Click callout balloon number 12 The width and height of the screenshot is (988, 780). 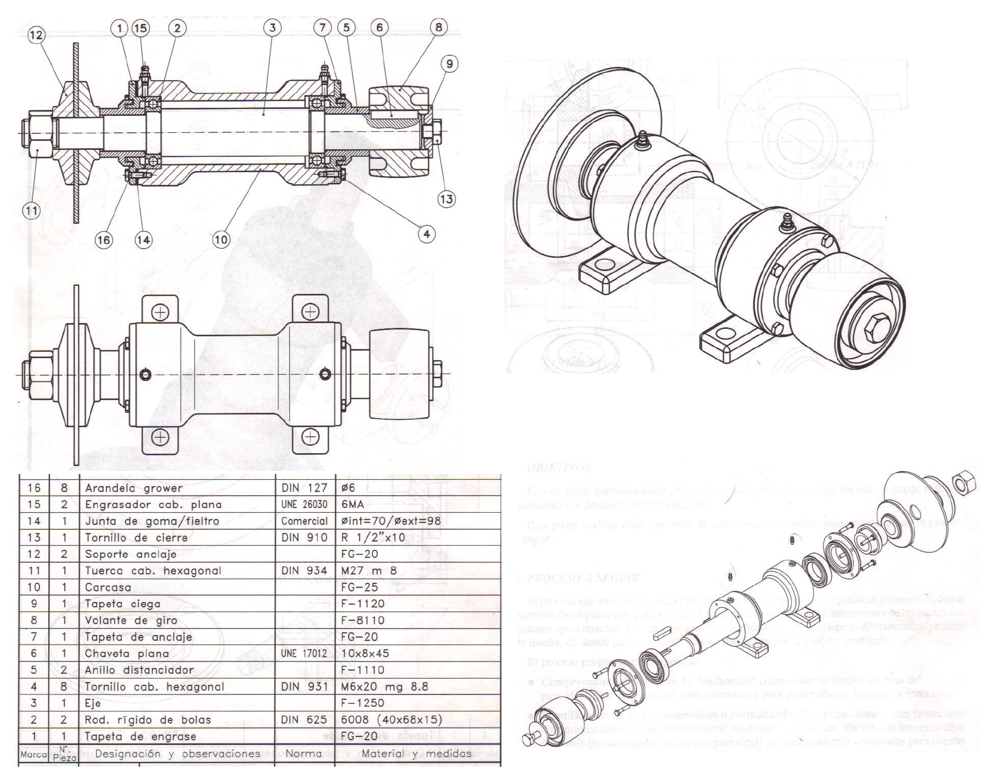(x=37, y=35)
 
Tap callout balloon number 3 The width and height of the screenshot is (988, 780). (x=272, y=28)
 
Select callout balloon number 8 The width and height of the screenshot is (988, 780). (x=439, y=28)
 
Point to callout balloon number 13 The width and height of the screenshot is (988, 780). (x=446, y=199)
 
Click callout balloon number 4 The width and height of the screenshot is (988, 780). (x=426, y=233)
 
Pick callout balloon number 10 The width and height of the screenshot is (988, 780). (x=221, y=240)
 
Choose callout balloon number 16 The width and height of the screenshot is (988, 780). (x=104, y=240)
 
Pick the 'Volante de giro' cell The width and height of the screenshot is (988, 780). (x=131, y=620)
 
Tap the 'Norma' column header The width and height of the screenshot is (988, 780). (x=303, y=753)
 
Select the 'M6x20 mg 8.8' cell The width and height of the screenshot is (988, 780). (x=385, y=686)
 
